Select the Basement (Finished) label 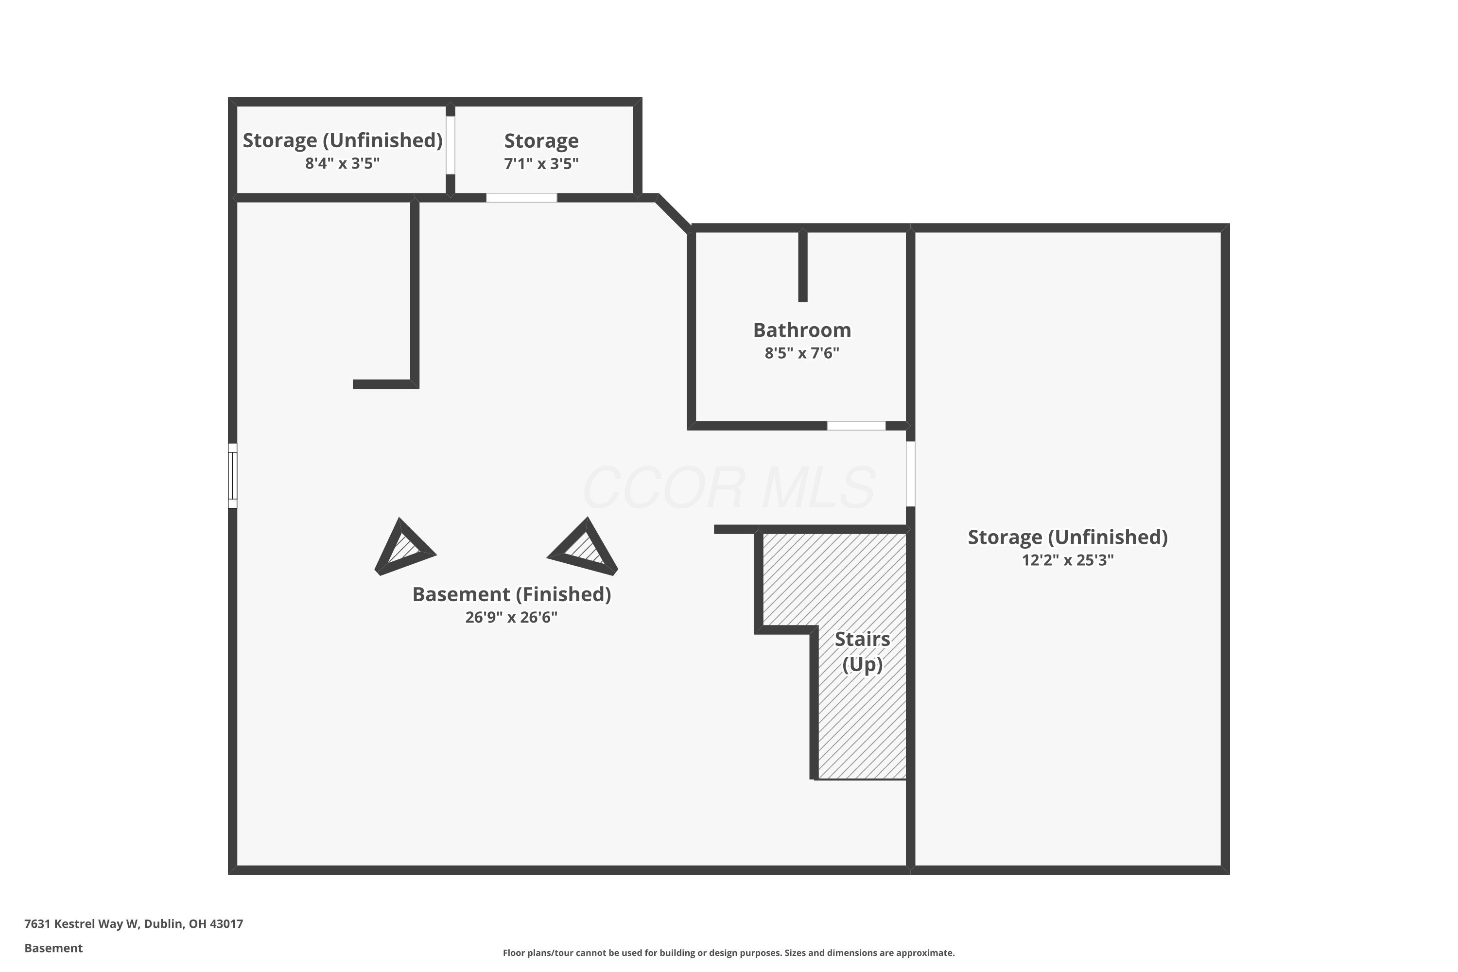(511, 594)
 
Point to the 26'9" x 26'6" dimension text (511, 617)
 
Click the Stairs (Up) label (862, 652)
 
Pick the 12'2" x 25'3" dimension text (1067, 560)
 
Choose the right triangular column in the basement (583, 548)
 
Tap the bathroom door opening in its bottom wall (856, 426)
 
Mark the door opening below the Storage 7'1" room (521, 198)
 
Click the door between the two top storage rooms (451, 145)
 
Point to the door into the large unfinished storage (911, 473)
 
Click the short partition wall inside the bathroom (803, 265)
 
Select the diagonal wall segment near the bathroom (673, 214)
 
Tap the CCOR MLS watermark (729, 488)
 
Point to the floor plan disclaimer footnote (729, 953)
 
